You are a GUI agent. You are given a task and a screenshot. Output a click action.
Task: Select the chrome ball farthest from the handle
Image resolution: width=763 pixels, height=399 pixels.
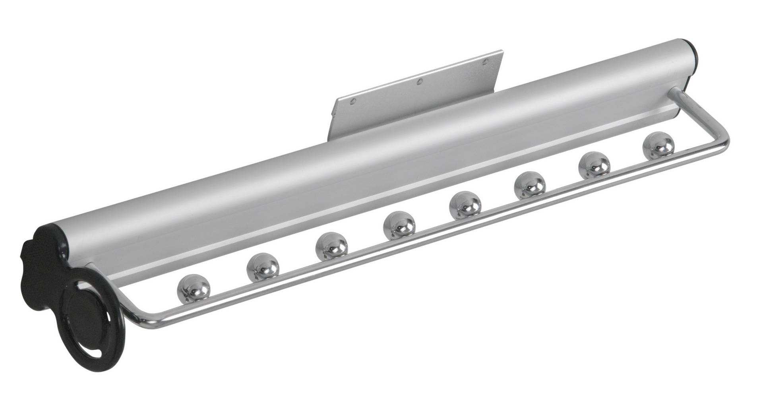click(658, 145)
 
